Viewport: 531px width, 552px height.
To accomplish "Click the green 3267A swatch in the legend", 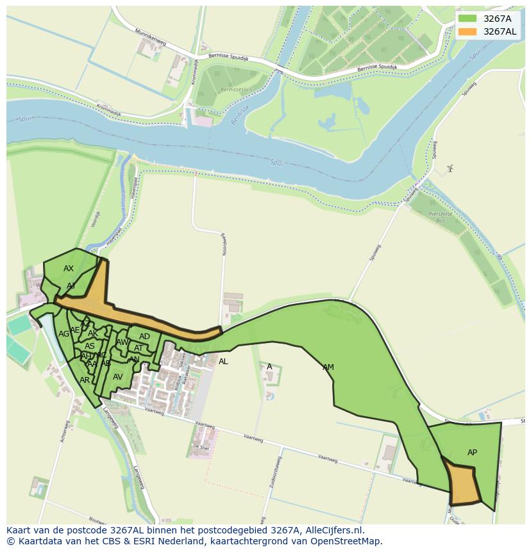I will pyautogui.click(x=468, y=19).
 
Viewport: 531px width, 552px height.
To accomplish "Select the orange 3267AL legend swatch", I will pyautogui.click(x=468, y=31).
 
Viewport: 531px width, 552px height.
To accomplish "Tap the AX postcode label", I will pyautogui.click(x=69, y=269).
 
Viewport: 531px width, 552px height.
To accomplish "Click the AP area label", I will pyautogui.click(x=472, y=453).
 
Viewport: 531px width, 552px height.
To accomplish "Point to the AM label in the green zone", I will pyautogui.click(x=328, y=367).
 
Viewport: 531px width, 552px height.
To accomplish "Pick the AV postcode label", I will pyautogui.click(x=117, y=377).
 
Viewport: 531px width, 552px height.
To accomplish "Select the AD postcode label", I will pyautogui.click(x=144, y=337).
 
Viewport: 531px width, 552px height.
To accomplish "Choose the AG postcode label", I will pyautogui.click(x=63, y=334).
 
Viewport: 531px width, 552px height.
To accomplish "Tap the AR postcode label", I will pyautogui.click(x=85, y=380).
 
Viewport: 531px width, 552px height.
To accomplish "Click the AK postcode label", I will pyautogui.click(x=93, y=333).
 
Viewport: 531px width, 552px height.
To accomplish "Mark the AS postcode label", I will pyautogui.click(x=90, y=346).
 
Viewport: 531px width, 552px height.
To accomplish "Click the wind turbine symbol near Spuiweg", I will pyautogui.click(x=450, y=168).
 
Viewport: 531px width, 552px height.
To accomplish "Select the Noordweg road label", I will pyautogui.click(x=224, y=244).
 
